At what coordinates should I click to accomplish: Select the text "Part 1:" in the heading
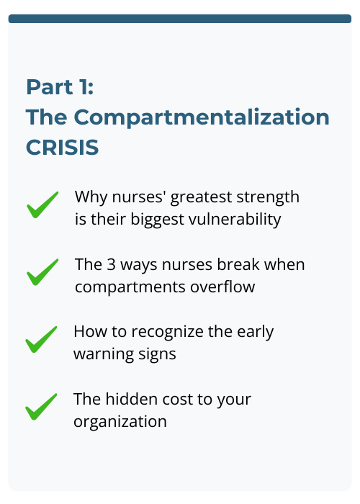[x=60, y=86]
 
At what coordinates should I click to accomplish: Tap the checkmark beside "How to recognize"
[x=42, y=340]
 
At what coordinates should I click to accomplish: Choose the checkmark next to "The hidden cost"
[x=42, y=407]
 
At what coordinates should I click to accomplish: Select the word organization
[x=120, y=421]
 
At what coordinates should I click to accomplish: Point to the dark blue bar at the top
[x=180, y=18]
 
